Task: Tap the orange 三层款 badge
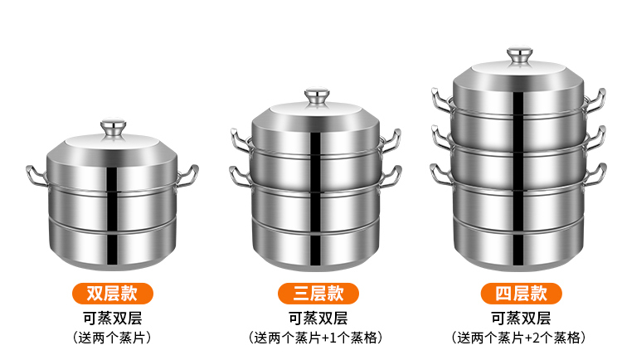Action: click(316, 293)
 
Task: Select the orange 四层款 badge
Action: click(521, 293)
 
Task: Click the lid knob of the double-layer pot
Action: click(111, 129)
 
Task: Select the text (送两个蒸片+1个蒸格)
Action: click(317, 338)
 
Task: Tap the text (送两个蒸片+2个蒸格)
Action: click(521, 338)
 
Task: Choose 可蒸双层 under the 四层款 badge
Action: click(521, 318)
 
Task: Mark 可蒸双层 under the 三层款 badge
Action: click(317, 318)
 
